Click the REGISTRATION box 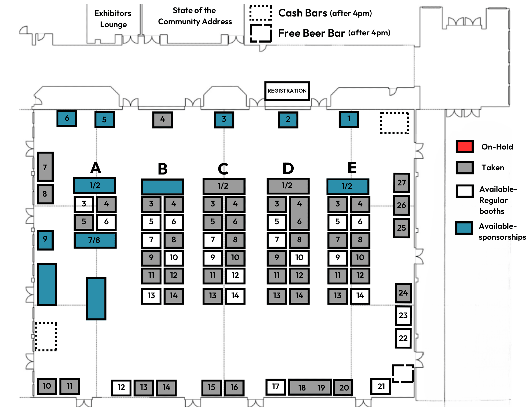click(287, 91)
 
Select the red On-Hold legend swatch click(464, 147)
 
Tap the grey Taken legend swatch click(464, 168)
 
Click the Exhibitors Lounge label click(113, 19)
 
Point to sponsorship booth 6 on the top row click(67, 118)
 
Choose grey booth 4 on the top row click(162, 120)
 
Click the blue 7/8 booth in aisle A click(95, 240)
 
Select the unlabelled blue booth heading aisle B click(162, 187)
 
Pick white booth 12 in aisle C click(235, 275)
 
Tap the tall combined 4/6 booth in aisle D click(299, 213)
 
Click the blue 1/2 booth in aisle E click(348, 186)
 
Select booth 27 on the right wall click(401, 183)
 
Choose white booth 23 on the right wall click(403, 315)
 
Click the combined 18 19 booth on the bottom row click(310, 387)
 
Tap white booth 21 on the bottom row click(381, 386)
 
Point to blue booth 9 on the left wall click(45, 240)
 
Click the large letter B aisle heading click(162, 169)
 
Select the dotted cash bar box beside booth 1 click(394, 123)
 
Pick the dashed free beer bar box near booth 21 click(403, 373)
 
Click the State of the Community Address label click(195, 16)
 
